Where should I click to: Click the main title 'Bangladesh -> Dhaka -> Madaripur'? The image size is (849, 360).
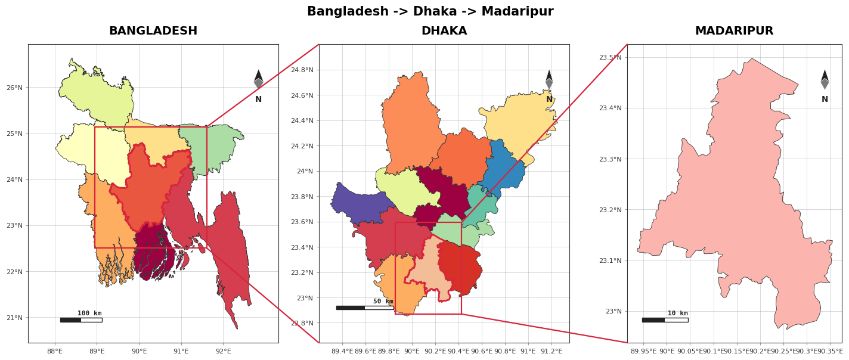tap(430, 11)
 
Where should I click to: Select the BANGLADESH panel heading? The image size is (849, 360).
tap(153, 30)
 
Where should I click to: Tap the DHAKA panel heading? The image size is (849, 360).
tap(444, 30)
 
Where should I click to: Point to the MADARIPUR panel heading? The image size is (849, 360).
tap(734, 30)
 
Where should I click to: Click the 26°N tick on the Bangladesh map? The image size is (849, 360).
tap(14, 88)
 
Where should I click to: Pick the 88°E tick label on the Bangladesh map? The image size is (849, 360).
tap(55, 351)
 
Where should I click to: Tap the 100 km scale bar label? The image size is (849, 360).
tap(89, 314)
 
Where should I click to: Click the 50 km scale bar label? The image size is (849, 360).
tap(383, 301)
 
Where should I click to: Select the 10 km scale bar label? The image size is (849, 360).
tap(678, 314)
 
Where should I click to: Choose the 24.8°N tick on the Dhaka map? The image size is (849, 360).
tap(302, 70)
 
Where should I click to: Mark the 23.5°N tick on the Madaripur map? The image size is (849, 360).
tap(611, 57)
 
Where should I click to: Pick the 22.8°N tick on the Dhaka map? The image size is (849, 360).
tap(302, 323)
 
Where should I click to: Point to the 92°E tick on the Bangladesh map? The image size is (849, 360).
tap(223, 351)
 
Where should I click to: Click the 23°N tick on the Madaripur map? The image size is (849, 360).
tap(613, 312)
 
